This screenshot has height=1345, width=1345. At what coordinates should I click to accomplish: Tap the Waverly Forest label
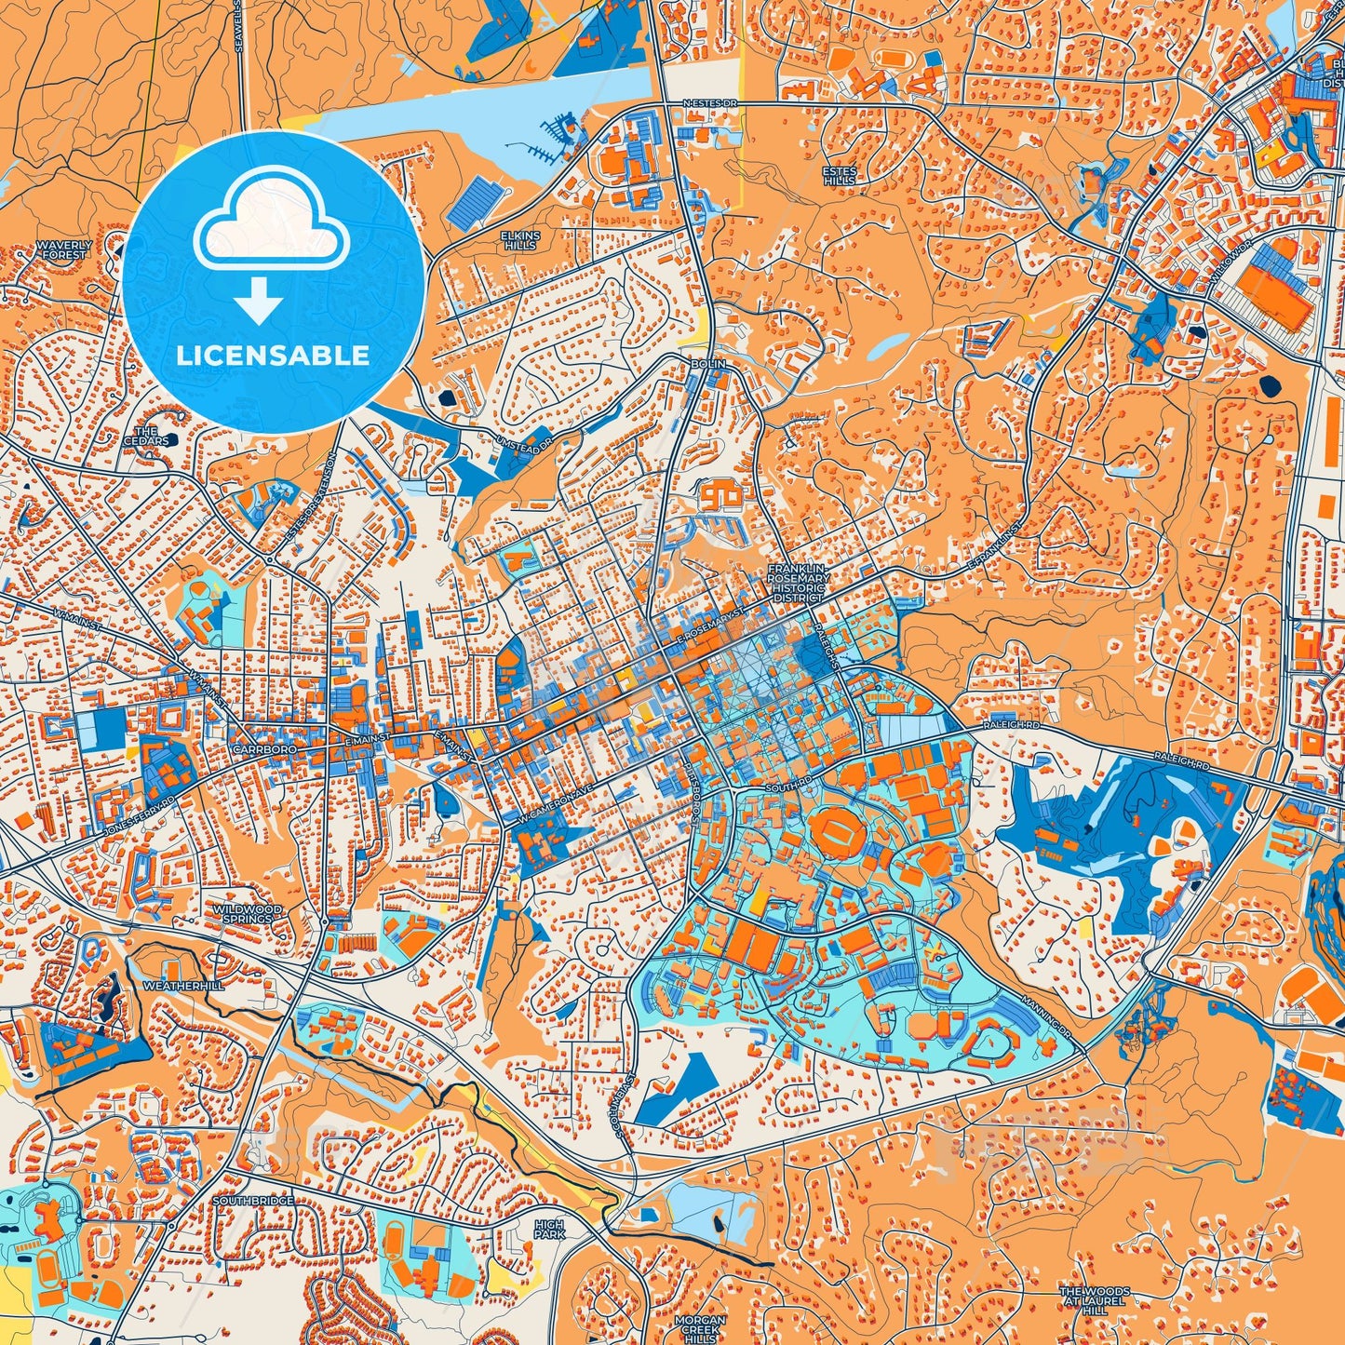coord(64,249)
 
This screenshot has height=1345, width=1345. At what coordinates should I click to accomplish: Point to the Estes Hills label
coord(839,176)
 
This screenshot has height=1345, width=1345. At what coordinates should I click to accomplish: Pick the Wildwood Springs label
coord(247,913)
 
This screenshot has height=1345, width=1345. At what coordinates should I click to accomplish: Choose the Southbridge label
coord(253,1201)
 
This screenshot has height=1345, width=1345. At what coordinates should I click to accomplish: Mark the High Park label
coord(549,1230)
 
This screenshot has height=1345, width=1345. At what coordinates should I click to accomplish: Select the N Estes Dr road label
coord(709,103)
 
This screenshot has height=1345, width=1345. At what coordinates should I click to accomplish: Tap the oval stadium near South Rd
coord(835,832)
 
